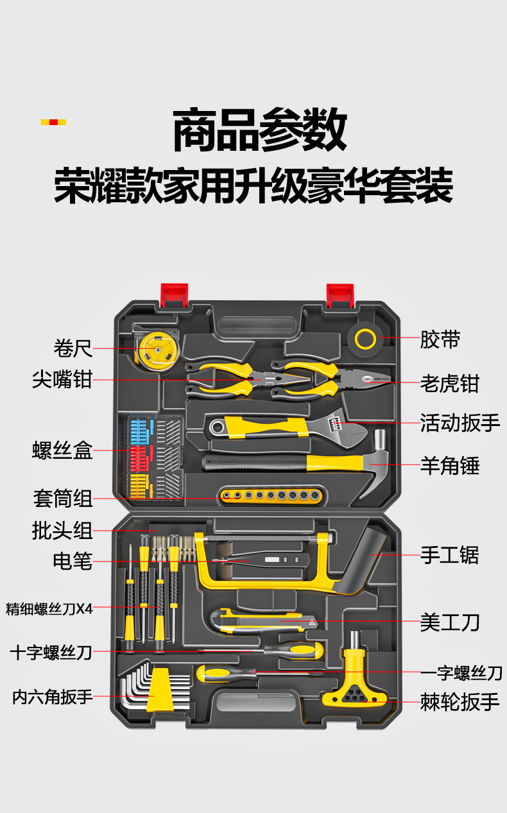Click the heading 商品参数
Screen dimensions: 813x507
tap(260, 131)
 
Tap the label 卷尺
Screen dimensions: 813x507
tap(73, 348)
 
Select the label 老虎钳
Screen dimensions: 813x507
tap(449, 383)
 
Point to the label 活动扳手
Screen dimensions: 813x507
tap(460, 423)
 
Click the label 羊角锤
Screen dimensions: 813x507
tap(449, 465)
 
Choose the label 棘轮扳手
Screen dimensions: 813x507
tap(460, 701)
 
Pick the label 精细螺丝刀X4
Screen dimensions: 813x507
tap(49, 608)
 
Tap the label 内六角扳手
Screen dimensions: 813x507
tap(53, 696)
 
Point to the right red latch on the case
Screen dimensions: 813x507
tap(341, 295)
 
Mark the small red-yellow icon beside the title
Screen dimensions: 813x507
tap(53, 122)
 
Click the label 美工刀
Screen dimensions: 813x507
tap(449, 622)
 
